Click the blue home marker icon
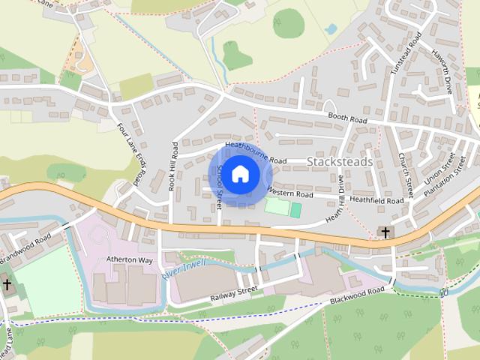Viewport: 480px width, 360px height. [x=239, y=174]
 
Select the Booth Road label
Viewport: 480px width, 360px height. [x=347, y=118]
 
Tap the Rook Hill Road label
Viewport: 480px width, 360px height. [x=172, y=166]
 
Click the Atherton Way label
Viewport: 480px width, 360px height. [x=129, y=259]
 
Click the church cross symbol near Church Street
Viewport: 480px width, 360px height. [x=385, y=233]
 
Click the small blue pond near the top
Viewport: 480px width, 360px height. [x=331, y=29]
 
